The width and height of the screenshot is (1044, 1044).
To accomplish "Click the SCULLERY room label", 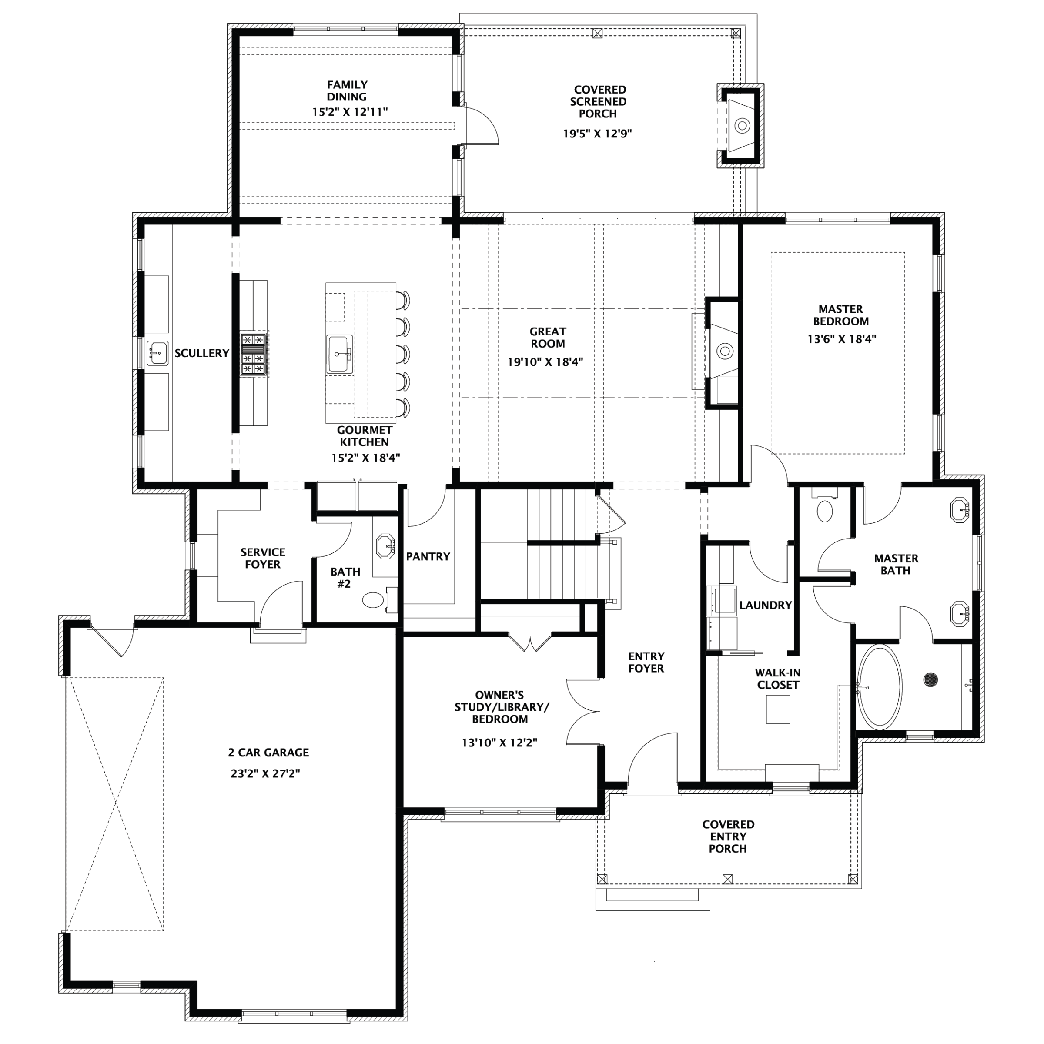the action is tap(201, 353).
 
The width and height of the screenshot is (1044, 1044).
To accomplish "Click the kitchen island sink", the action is tap(339, 354).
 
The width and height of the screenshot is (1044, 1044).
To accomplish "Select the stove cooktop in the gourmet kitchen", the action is tap(254, 355).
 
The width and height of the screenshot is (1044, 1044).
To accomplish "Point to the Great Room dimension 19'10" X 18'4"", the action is tap(545, 362).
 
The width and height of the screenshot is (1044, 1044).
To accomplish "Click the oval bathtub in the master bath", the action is tap(880, 687).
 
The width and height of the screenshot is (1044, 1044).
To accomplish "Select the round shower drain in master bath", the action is tap(930, 679).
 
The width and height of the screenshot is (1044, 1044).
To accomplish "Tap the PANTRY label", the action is tap(428, 557).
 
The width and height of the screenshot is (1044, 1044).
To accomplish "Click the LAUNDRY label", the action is tap(765, 605).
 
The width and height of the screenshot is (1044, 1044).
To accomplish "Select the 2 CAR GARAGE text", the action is tap(268, 752).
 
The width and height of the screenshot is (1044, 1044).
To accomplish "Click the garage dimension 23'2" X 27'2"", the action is tap(265, 773).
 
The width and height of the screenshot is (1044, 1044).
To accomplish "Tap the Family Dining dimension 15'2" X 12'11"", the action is tap(350, 112).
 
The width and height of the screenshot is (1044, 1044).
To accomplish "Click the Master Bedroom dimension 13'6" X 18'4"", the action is tap(841, 339).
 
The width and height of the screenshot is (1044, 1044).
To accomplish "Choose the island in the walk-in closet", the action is tap(778, 709).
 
